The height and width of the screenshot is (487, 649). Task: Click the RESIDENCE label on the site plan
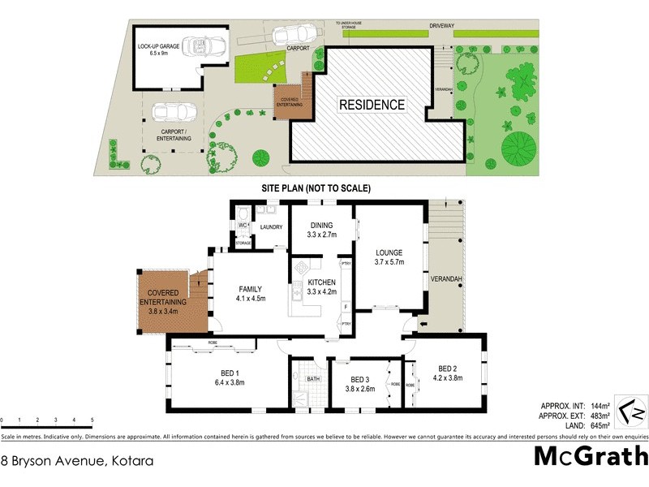click(x=372, y=105)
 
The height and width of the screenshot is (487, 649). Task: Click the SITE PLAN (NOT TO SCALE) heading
click(x=316, y=187)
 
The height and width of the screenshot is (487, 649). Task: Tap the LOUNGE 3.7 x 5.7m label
click(x=389, y=257)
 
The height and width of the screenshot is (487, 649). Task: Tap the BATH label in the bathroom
click(x=312, y=379)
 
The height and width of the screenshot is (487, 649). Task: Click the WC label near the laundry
click(x=243, y=225)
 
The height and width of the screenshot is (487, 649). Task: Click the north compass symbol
click(x=630, y=410)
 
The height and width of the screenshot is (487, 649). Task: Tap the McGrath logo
click(x=590, y=456)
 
